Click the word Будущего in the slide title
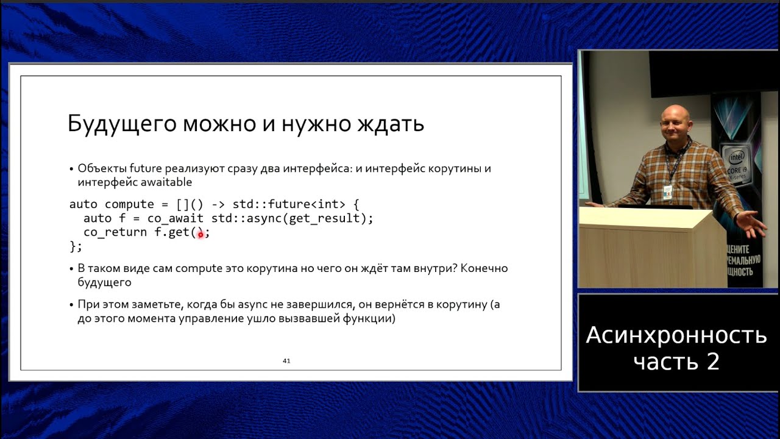[122, 124]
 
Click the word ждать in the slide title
[391, 124]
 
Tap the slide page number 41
[286, 361]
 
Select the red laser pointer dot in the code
[200, 235]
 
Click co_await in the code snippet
[175, 218]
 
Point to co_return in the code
[115, 232]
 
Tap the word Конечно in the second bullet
[486, 268]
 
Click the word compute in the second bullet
[199, 269]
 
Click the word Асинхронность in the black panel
[676, 335]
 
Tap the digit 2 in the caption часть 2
[713, 362]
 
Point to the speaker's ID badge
[667, 192]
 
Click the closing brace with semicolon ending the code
[76, 247]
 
